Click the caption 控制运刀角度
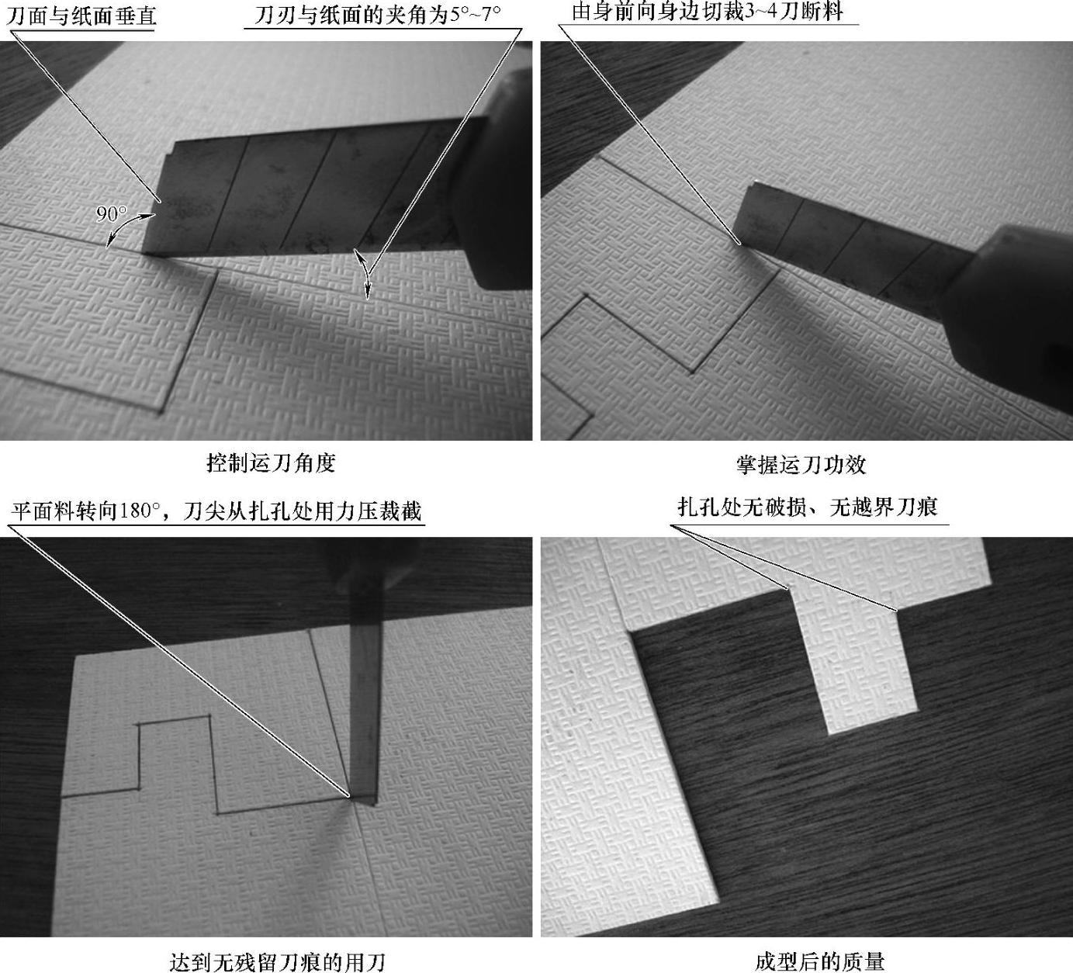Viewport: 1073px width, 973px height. click(271, 463)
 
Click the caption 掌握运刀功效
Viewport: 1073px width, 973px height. click(801, 465)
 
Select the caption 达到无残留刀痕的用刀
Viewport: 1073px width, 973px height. click(278, 962)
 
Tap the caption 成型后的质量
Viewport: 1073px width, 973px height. click(820, 961)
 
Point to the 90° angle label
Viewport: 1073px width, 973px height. click(111, 214)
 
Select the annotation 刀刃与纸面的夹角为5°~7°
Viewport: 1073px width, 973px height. click(378, 15)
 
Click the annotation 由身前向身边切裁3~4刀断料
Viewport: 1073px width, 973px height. click(707, 12)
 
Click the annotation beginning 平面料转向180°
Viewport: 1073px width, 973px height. click(216, 511)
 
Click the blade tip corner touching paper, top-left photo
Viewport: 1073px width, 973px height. click(144, 253)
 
